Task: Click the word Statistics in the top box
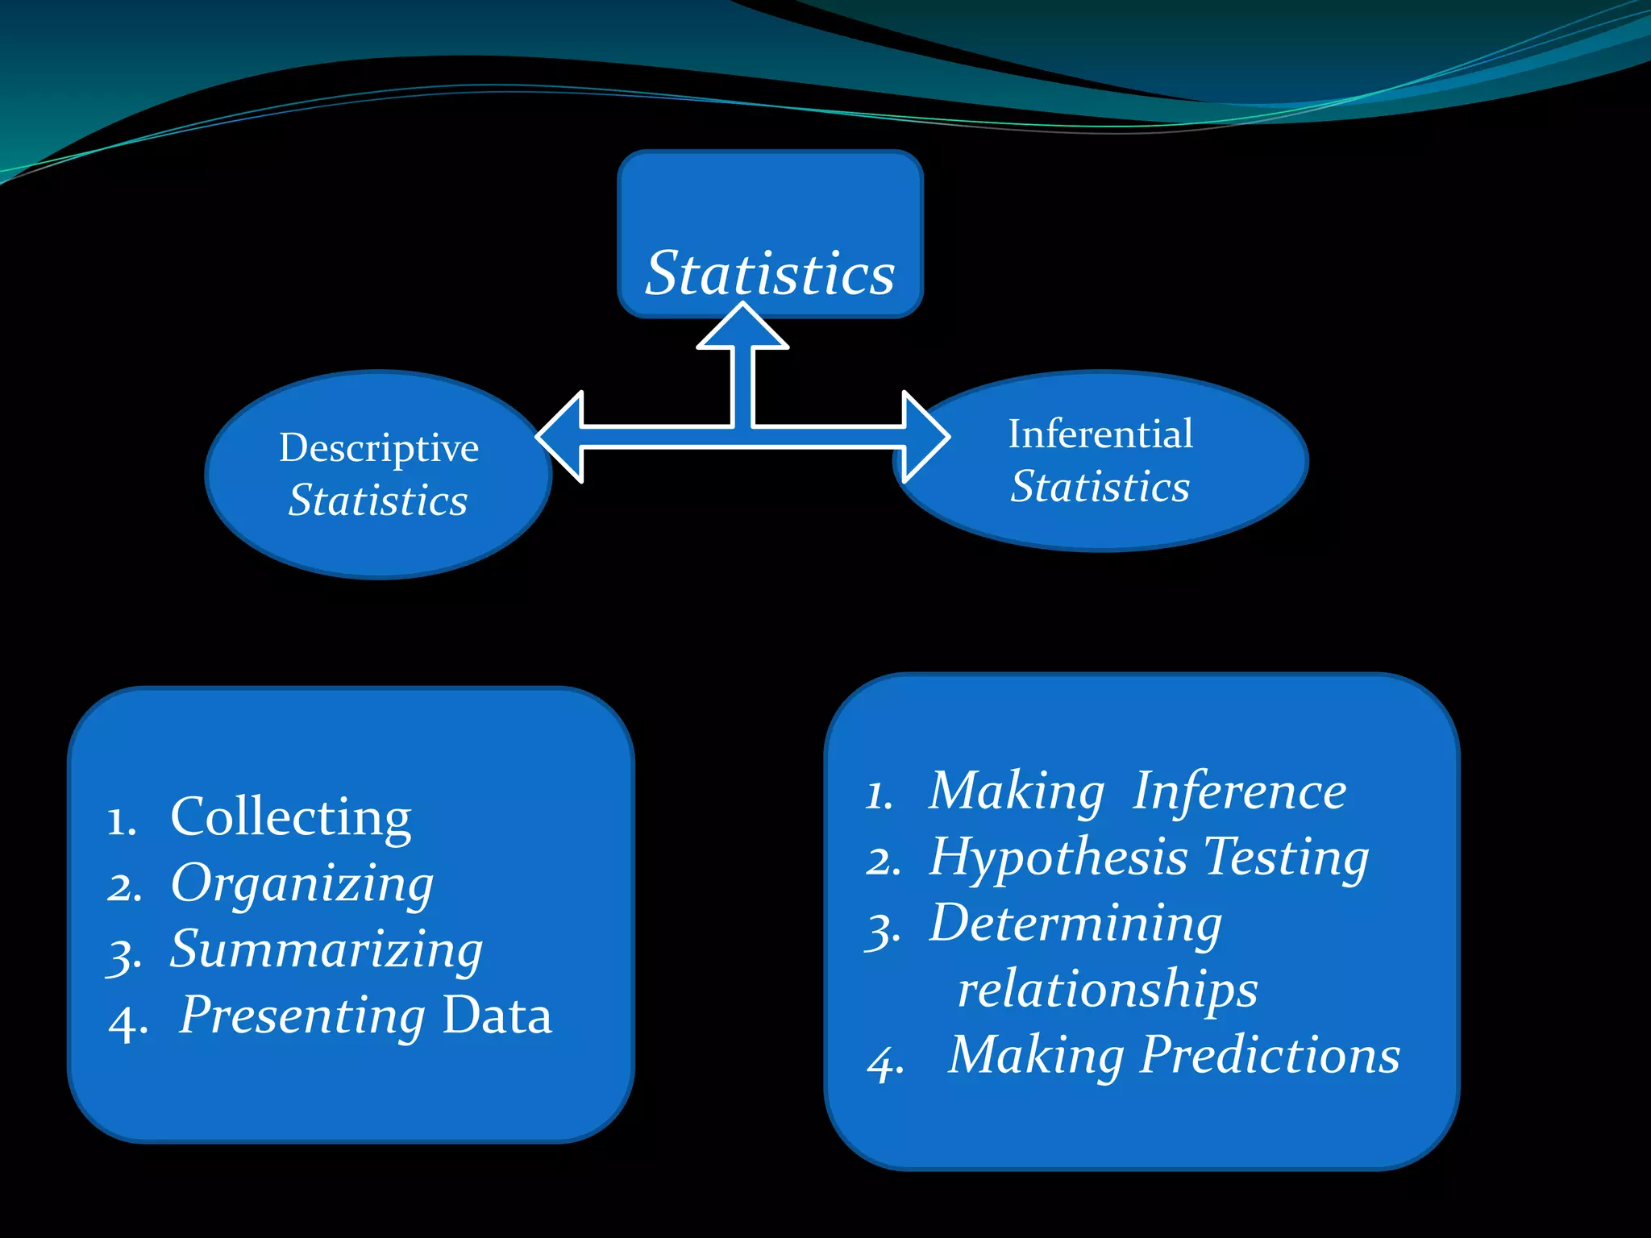click(770, 274)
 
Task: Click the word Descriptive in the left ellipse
click(379, 448)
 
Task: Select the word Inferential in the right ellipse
click(1100, 434)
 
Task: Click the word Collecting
click(291, 817)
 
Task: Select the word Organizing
click(302, 884)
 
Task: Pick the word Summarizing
click(326, 949)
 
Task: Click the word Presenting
click(302, 1016)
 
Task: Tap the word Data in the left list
click(497, 1016)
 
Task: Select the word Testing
click(1286, 857)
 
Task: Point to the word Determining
click(1075, 923)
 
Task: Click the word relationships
click(1108, 989)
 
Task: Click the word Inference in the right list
click(1240, 791)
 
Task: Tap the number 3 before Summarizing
click(124, 957)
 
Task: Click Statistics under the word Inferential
click(1100, 487)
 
